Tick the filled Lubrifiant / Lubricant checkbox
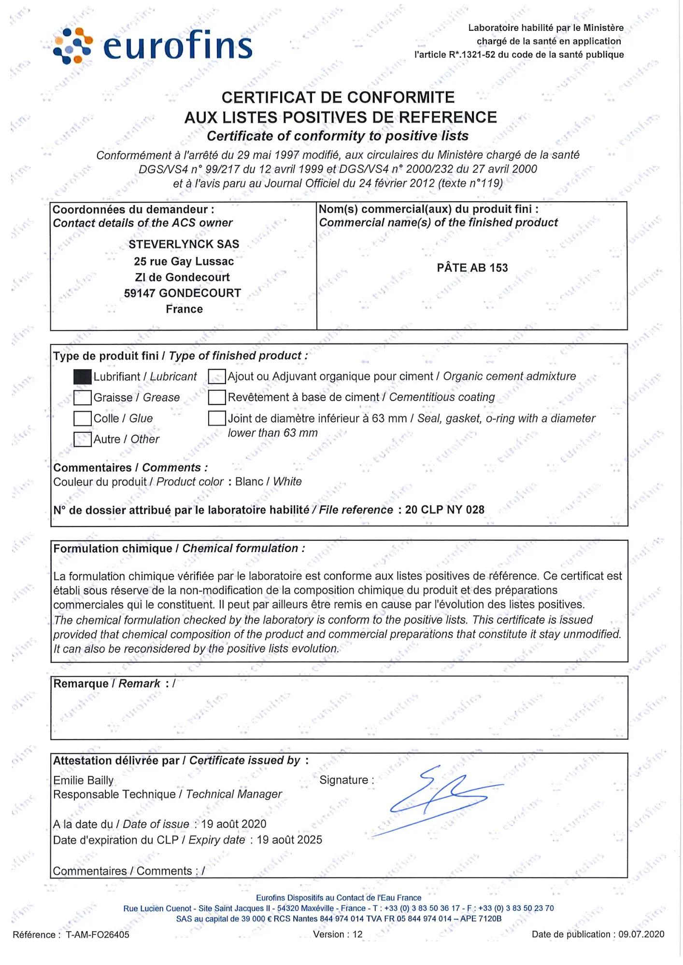(x=83, y=377)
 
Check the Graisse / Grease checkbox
(x=83, y=398)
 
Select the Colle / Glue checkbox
(x=83, y=418)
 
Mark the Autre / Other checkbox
(x=83, y=439)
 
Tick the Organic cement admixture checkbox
(x=217, y=376)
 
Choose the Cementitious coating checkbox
(x=217, y=397)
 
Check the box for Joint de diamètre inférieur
(x=217, y=418)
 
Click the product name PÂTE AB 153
(x=472, y=268)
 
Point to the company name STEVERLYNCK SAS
(x=184, y=244)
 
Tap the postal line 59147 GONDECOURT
(x=182, y=293)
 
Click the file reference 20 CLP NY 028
(x=444, y=510)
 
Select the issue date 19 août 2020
(x=234, y=824)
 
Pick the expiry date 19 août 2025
(x=289, y=840)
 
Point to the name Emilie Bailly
(x=84, y=780)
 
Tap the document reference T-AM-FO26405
(x=98, y=935)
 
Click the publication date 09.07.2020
(x=641, y=934)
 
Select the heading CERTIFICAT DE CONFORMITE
(x=338, y=97)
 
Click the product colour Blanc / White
(x=268, y=482)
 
